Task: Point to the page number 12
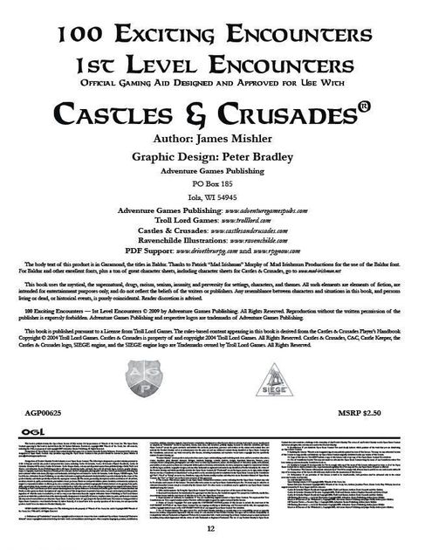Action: pos(212,530)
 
